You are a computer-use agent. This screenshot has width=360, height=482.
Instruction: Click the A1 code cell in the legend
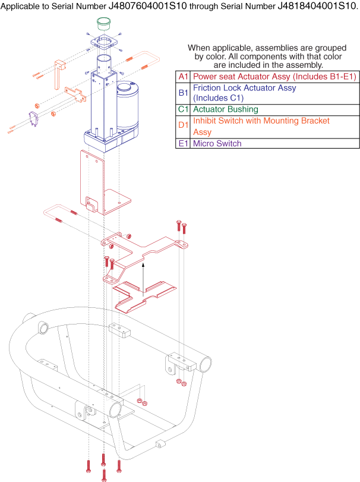click(x=182, y=76)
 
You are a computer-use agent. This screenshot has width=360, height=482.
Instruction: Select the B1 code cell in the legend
click(x=182, y=93)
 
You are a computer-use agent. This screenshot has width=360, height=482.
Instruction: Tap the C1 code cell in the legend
click(x=182, y=109)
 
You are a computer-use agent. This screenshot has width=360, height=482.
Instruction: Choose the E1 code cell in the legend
click(x=182, y=143)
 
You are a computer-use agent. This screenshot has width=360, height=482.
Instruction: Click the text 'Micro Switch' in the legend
click(x=217, y=143)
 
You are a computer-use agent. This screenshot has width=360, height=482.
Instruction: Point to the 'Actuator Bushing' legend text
click(x=226, y=109)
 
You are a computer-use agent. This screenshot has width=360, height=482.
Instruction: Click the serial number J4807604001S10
click(x=150, y=7)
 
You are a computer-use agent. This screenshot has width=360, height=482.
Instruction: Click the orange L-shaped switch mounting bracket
click(x=60, y=74)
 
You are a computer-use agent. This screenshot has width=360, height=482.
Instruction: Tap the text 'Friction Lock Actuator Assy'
click(x=245, y=88)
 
